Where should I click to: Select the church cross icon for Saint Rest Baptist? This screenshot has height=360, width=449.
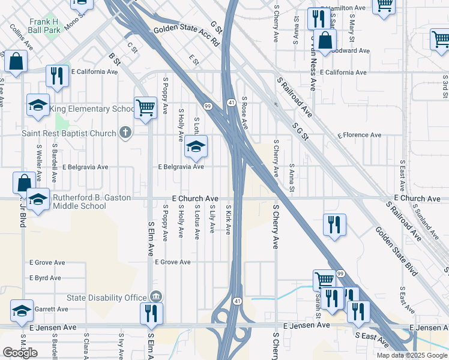point(125,133)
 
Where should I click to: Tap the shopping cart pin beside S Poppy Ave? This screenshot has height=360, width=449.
point(145,109)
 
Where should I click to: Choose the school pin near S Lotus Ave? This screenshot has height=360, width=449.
point(195,146)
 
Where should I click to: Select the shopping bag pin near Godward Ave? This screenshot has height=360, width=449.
point(325,41)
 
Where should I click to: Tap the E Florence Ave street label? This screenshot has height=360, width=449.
point(359,136)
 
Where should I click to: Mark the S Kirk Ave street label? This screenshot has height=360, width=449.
point(228,220)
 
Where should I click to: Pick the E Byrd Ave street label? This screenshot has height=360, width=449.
point(47,278)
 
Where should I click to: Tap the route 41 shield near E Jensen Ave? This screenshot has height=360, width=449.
point(238,301)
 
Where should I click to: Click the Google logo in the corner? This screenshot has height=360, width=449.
point(20,353)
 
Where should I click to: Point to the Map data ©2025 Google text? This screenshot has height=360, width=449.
point(411,355)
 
